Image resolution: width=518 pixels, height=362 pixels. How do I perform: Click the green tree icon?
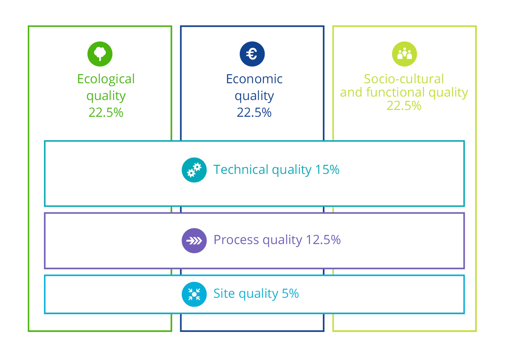tap(100, 54)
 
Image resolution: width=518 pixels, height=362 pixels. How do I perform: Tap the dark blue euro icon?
tap(252, 54)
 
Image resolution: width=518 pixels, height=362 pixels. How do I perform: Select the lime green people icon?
tap(404, 54)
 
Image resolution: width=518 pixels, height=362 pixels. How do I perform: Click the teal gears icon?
tap(194, 170)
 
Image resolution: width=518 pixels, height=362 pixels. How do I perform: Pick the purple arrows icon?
tap(194, 240)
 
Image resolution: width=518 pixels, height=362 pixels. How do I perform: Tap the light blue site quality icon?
tap(194, 294)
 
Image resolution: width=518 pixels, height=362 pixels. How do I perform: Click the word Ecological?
tap(106, 79)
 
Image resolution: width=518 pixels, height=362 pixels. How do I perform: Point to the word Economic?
tap(254, 79)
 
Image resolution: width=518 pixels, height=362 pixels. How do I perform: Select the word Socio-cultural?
tap(404, 79)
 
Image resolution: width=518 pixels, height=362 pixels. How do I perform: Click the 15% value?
tap(327, 169)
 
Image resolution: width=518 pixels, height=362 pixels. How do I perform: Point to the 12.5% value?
tap(323, 240)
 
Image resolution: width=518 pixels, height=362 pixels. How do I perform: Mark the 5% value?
tap(290, 293)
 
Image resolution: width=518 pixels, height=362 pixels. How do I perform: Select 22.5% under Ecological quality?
tap(106, 113)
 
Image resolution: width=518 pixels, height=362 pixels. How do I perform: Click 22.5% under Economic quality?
tap(254, 113)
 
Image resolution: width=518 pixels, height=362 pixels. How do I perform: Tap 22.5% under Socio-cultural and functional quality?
tap(404, 106)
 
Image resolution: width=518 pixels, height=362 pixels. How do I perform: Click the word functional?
tap(395, 92)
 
